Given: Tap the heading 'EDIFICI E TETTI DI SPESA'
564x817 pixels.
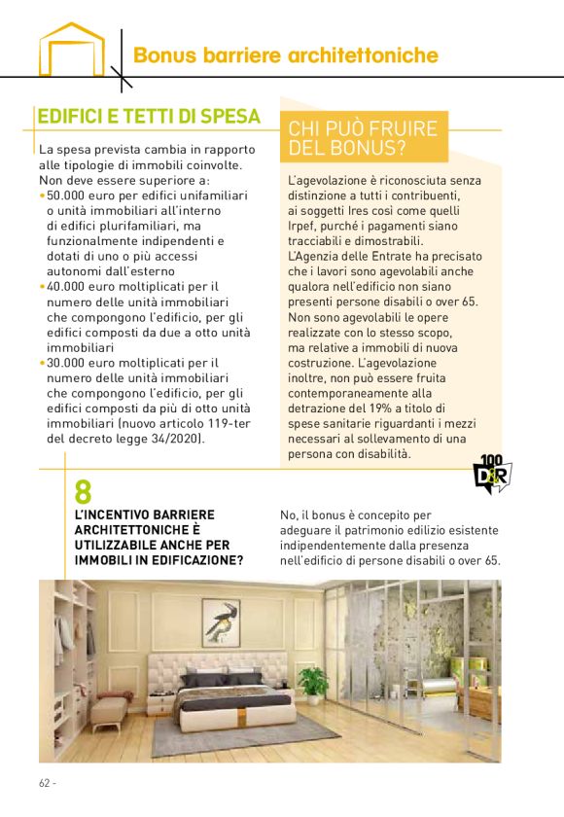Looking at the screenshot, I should (149, 117).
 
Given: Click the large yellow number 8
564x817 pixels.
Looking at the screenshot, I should (84, 491).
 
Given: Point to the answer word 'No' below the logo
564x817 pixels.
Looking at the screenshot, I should (287, 515).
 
